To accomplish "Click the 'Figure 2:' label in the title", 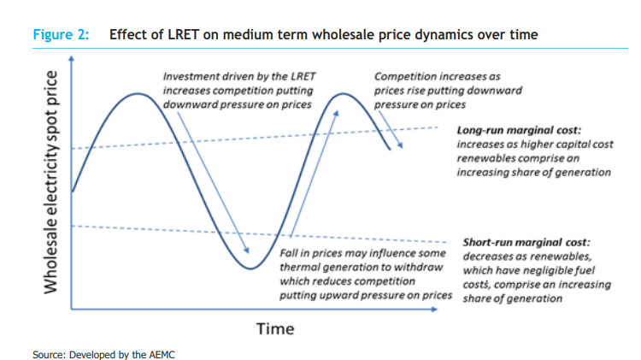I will click(x=59, y=35).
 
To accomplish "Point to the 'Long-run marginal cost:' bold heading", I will click(x=519, y=132).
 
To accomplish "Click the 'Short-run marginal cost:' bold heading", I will click(x=526, y=243).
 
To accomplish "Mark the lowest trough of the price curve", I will click(x=250, y=269).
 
